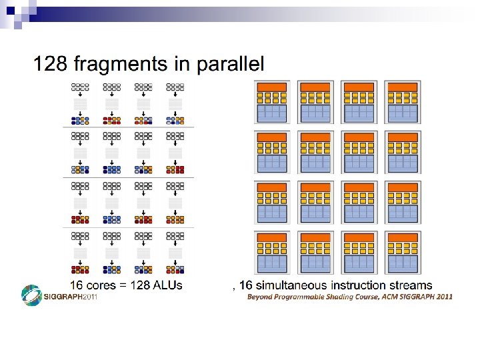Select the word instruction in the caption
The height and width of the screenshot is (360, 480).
361,285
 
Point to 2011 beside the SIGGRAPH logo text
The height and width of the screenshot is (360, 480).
89,297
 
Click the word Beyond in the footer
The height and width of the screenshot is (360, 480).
259,296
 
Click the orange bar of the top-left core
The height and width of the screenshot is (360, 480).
271,87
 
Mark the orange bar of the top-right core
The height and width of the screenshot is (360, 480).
402,87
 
